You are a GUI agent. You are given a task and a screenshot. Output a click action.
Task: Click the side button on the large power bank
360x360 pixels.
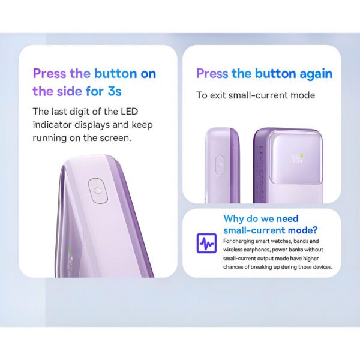point(98,191)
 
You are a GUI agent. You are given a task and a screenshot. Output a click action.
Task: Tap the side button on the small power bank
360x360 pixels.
point(220,165)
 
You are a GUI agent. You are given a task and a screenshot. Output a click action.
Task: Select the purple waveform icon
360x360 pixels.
point(206,243)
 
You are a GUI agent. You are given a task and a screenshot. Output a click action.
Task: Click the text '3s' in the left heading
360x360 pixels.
point(115,91)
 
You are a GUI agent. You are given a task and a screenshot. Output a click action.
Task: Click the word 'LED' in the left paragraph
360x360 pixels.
point(129,112)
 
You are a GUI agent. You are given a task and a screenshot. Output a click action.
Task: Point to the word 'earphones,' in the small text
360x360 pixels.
point(257,250)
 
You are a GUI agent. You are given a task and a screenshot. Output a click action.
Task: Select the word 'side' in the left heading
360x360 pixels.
point(70,91)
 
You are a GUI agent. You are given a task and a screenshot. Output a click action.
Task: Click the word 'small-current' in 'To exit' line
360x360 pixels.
point(258,95)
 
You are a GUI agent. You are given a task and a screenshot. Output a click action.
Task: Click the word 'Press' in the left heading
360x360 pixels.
point(49,73)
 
